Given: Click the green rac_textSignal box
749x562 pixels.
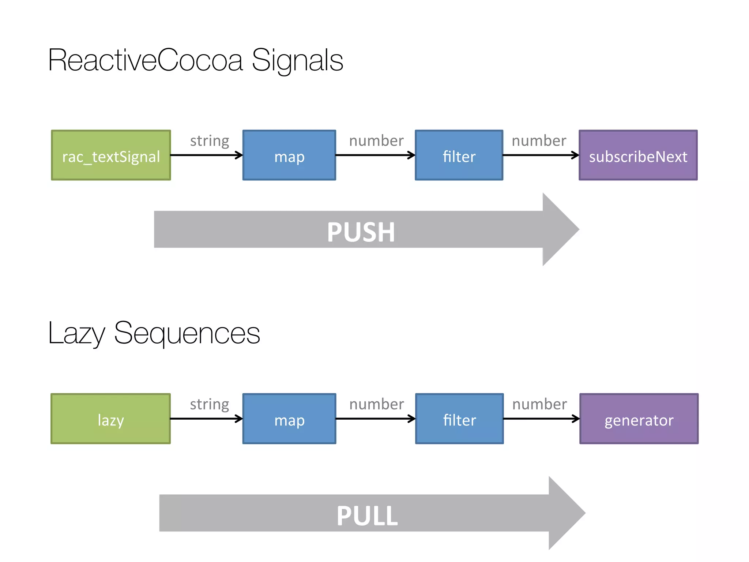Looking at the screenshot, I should coord(111,155).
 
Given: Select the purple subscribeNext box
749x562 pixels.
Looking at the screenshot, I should coord(638,155).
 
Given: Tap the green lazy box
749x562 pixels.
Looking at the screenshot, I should coord(110,419).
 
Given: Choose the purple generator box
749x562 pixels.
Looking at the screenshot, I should coord(639,419).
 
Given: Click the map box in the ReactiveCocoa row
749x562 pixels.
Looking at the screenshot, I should coord(289,155).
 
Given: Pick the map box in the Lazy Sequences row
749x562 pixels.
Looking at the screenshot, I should coord(289,419).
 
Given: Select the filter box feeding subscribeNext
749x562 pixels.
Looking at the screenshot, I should coord(459,155).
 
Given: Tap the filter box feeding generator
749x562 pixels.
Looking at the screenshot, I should coord(459,419).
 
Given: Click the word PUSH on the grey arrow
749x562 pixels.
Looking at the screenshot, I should coord(361,232).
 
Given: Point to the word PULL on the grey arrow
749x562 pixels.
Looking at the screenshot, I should coord(367,516).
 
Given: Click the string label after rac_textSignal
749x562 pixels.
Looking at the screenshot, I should coord(210,141).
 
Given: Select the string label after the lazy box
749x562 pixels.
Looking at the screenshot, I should coord(210,404).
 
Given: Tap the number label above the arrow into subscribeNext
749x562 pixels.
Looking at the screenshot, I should coord(539,141).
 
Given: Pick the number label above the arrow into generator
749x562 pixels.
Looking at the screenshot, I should coord(539,404).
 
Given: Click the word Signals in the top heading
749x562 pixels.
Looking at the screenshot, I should coord(297,60).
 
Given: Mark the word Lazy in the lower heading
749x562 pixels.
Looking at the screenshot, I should coord(77,333).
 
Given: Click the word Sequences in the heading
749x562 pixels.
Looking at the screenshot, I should coord(187,333).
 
